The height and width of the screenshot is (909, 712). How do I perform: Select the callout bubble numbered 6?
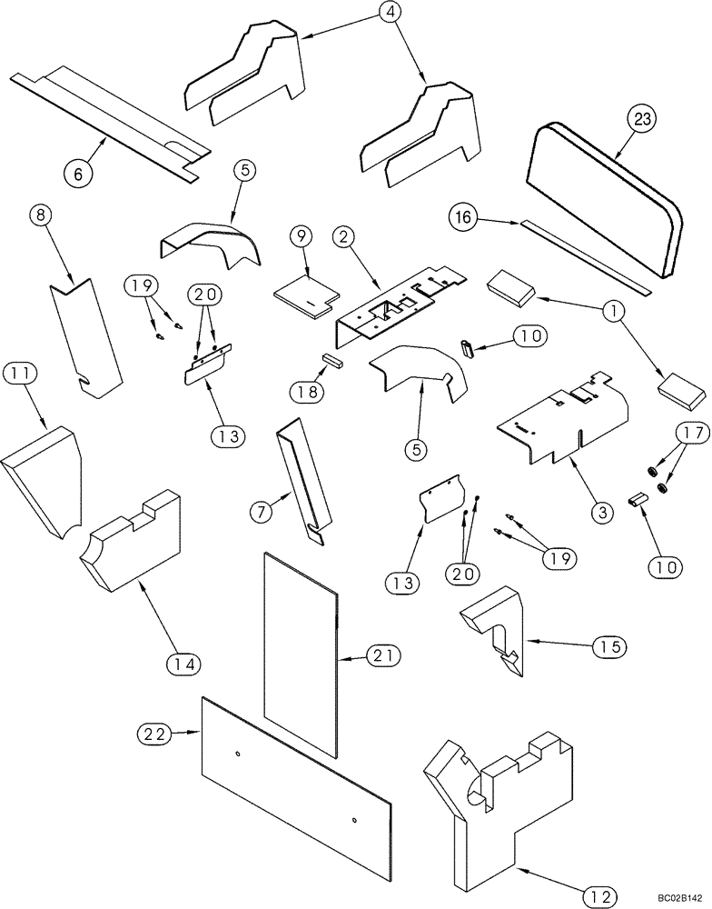coord(79,172)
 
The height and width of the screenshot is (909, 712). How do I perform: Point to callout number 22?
coord(153,732)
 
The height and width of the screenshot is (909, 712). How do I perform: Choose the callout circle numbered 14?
coord(184,663)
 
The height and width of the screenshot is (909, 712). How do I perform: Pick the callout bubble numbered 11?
coord(21,374)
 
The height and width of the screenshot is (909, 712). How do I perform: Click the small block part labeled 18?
coord(331,359)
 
